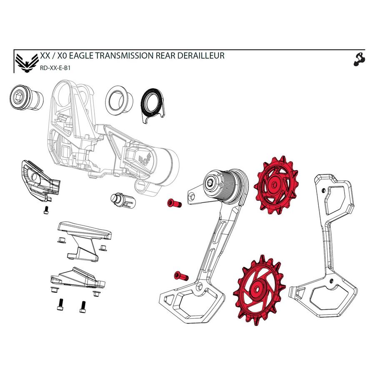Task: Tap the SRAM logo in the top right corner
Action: pos(358,60)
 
